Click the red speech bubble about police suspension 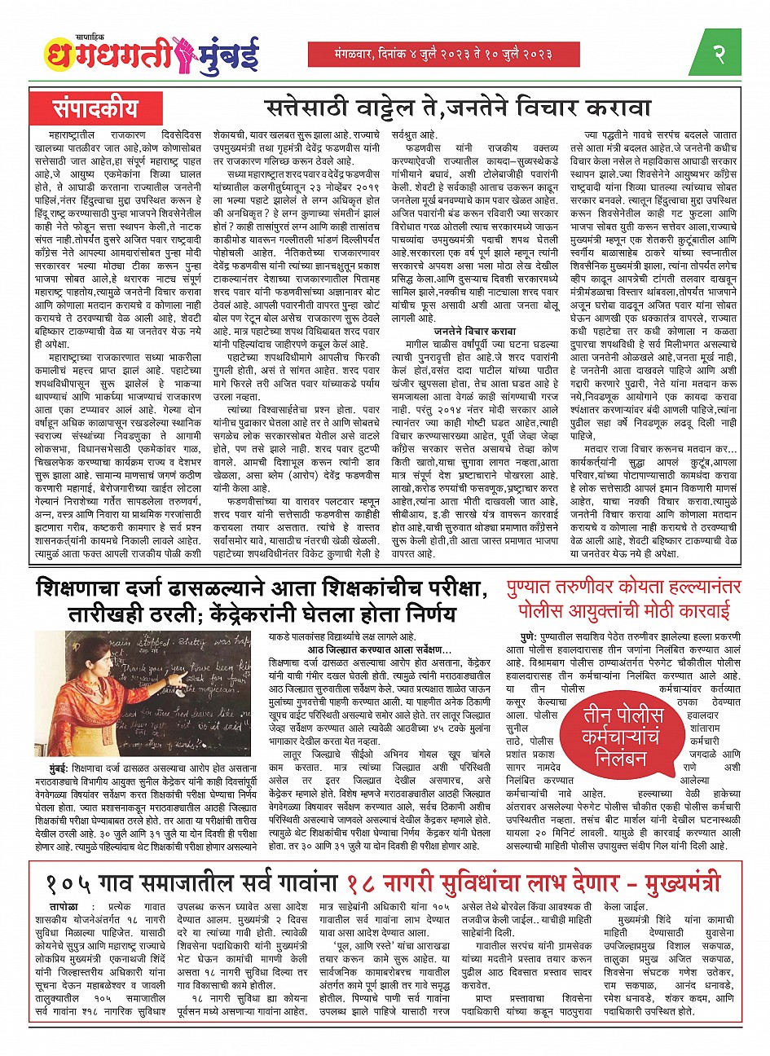(612, 734)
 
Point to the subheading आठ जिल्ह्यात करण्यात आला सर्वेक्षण (379, 648)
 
